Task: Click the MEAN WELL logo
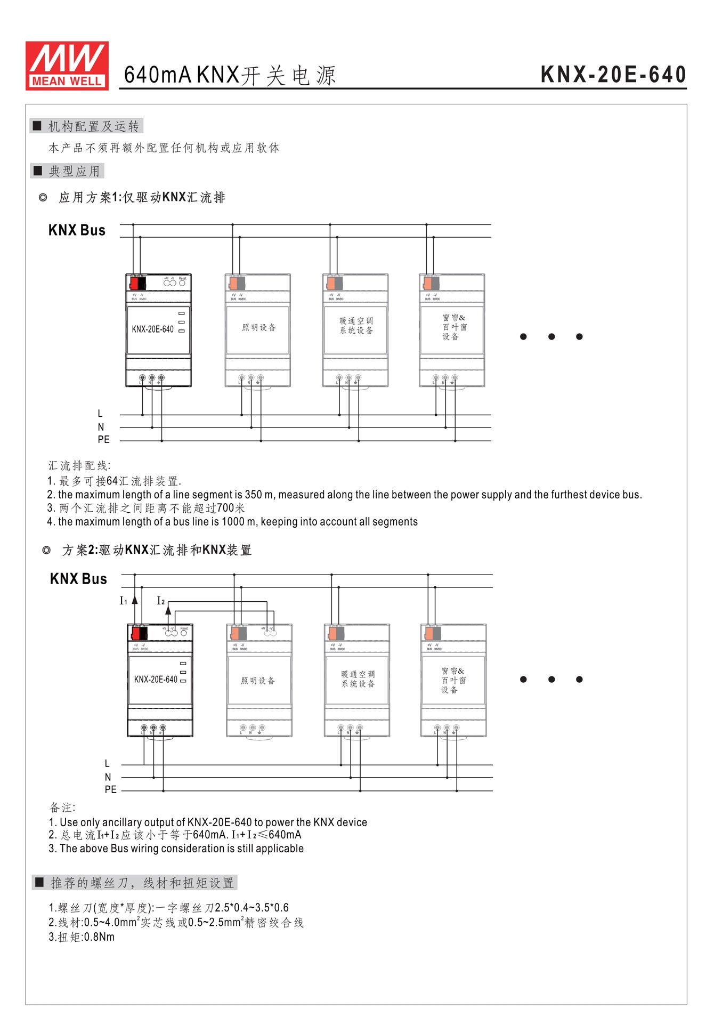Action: click(67, 66)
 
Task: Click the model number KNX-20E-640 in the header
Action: click(613, 75)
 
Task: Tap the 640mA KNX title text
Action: click(230, 75)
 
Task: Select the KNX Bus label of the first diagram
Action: click(77, 230)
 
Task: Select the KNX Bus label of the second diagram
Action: click(78, 579)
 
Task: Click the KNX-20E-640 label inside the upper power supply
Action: click(153, 329)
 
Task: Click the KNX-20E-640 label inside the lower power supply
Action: click(156, 680)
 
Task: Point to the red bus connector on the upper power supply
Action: click(134, 282)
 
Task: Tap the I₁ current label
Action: click(124, 601)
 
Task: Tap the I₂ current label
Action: click(160, 601)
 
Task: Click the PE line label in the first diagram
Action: click(103, 440)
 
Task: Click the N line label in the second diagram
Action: click(108, 777)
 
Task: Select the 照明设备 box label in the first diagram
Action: click(259, 327)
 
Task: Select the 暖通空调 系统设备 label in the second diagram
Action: click(358, 679)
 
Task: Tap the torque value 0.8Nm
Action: click(99, 937)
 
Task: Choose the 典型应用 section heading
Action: click(74, 171)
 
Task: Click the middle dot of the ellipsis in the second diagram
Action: click(551, 680)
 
